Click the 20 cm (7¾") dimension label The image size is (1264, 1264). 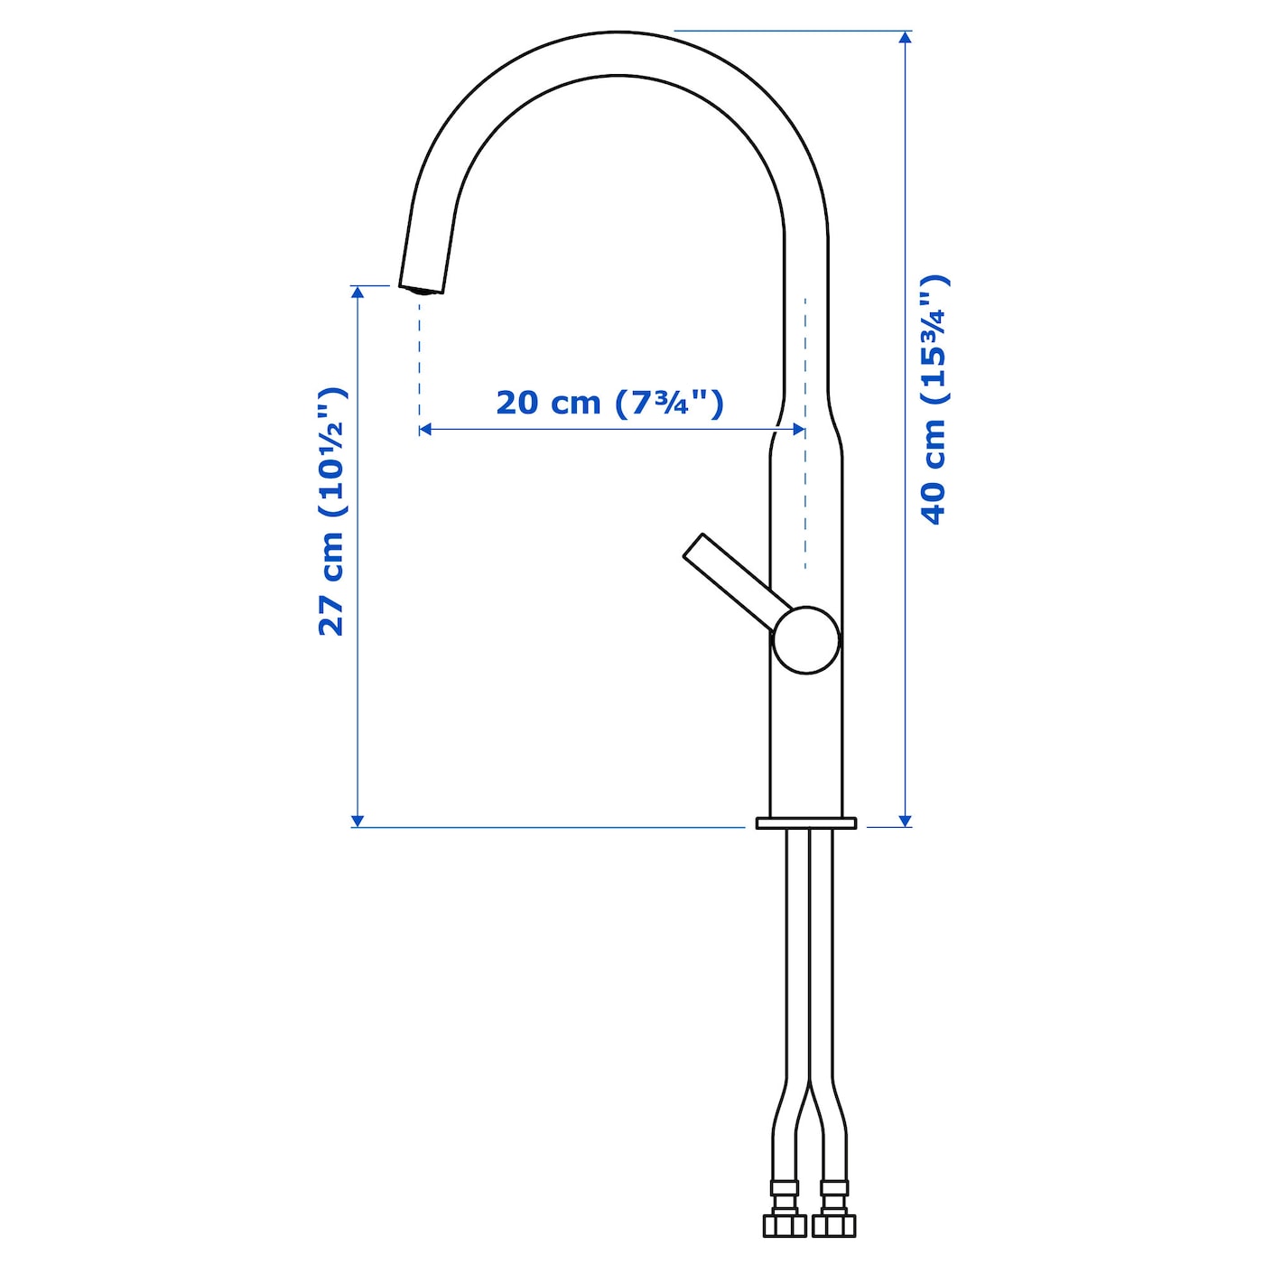(x=609, y=403)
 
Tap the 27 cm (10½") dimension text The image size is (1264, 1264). (x=330, y=512)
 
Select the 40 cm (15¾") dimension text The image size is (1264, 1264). (x=934, y=399)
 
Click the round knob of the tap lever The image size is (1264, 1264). (x=806, y=639)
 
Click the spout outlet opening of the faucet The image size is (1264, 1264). (x=421, y=290)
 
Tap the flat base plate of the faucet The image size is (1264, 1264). (x=806, y=823)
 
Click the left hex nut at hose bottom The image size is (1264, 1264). (x=785, y=1225)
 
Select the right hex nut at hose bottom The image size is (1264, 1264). (x=833, y=1225)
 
